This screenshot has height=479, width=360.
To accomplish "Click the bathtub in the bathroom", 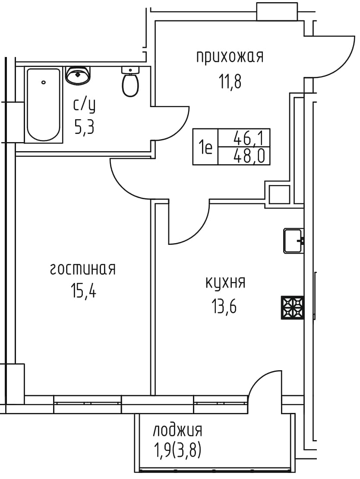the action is [x=43, y=105].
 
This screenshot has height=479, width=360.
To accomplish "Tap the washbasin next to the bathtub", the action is [x=78, y=75].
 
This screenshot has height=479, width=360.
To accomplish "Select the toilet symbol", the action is [x=130, y=82].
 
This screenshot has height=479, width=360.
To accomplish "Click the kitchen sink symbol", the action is [x=294, y=241].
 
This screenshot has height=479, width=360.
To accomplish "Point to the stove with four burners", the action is [x=293, y=308].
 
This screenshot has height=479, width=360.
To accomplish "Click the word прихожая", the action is [x=230, y=57].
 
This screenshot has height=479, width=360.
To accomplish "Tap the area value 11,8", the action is [x=230, y=81].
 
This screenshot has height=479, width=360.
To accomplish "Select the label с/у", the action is [x=85, y=105].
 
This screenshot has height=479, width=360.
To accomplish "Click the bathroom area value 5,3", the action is [x=84, y=127].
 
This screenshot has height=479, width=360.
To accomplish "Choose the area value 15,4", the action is [x=84, y=291].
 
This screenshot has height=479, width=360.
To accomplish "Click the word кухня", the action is [x=225, y=282].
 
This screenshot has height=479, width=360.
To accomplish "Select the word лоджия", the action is [x=177, y=431].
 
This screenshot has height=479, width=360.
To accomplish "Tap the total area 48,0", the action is [x=248, y=156].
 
